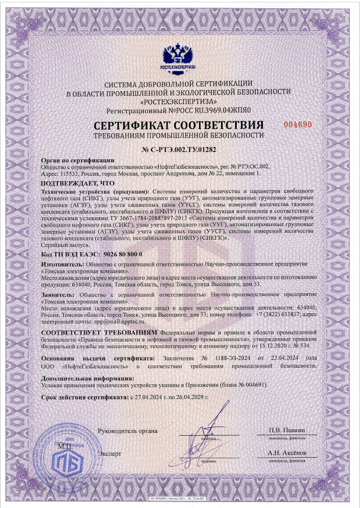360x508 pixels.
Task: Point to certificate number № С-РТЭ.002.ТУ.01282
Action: (x=179, y=151)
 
